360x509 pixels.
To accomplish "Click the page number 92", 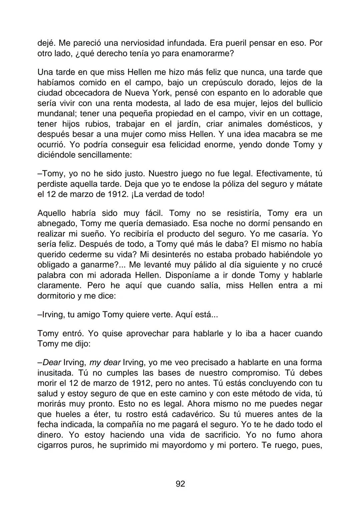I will point(180,484).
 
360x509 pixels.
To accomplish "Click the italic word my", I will point(95,363).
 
